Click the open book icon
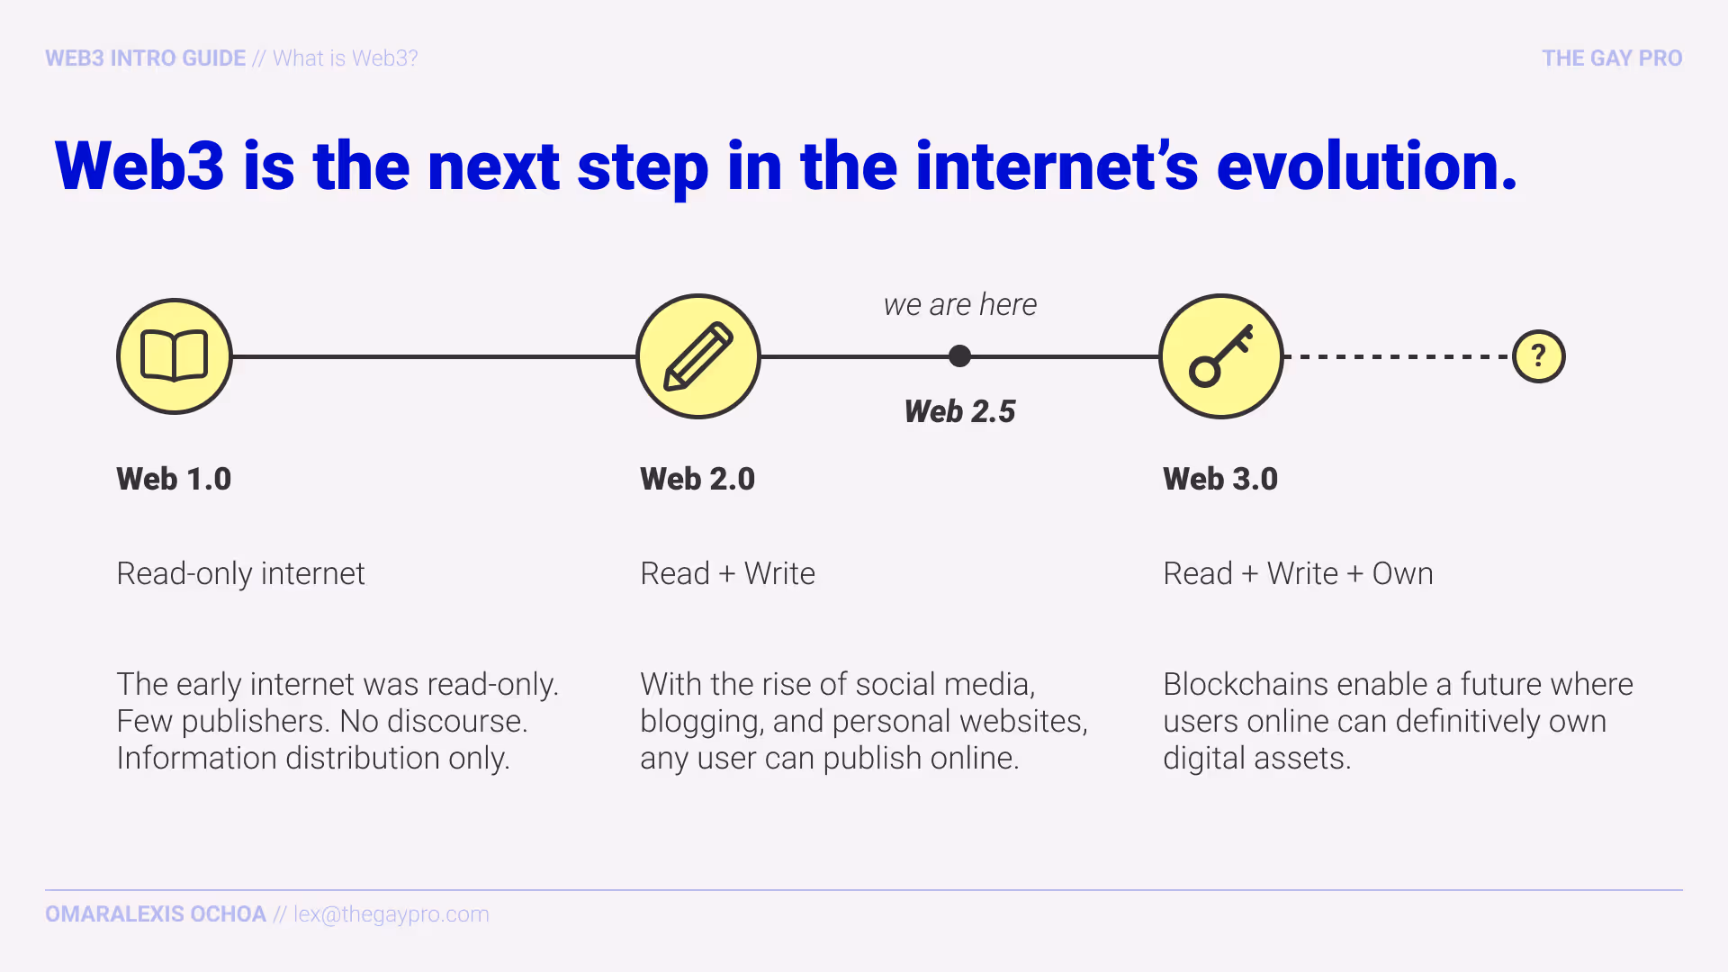(175, 356)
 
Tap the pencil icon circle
(698, 356)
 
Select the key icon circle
(1221, 356)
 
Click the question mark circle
(1538, 356)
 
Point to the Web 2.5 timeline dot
(960, 356)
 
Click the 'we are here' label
(959, 305)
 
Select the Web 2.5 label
(959, 411)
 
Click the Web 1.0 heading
(174, 479)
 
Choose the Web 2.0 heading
(697, 479)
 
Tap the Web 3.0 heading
(1220, 479)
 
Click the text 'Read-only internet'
(240, 573)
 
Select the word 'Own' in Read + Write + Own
(1402, 573)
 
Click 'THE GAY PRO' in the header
(1611, 58)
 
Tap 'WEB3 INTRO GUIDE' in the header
(145, 58)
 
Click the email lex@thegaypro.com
(391, 914)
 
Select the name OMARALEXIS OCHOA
(156, 914)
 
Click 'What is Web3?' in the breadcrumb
(346, 58)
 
